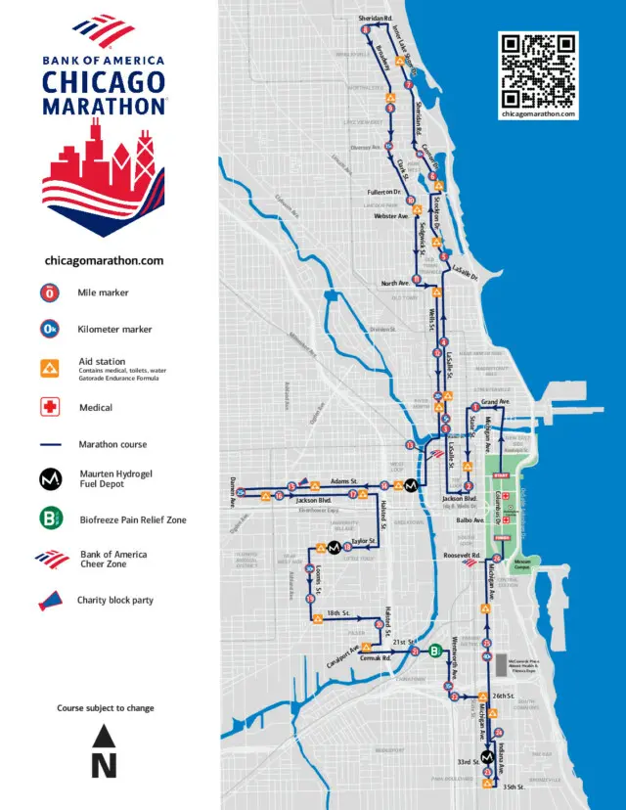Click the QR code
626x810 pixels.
coord(539,70)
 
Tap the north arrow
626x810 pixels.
coord(105,751)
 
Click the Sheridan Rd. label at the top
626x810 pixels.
coord(375,18)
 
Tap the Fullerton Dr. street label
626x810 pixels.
coord(384,193)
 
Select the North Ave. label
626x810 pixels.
coord(395,284)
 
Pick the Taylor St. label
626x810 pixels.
coord(364,540)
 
